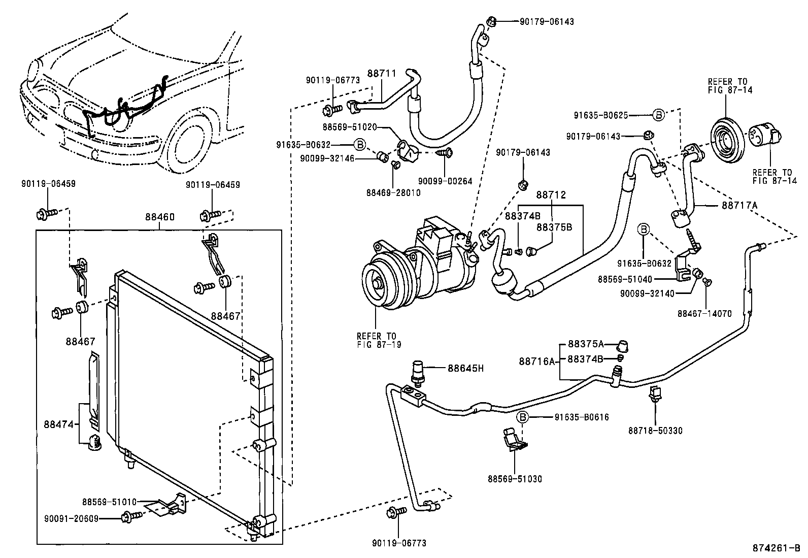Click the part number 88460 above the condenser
pyautogui.click(x=159, y=217)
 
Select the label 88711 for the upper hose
pyautogui.click(x=381, y=74)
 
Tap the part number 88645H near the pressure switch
pyautogui.click(x=465, y=368)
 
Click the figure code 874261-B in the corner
pyautogui.click(x=776, y=548)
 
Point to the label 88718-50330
pyautogui.click(x=655, y=431)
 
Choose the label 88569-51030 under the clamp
pyautogui.click(x=515, y=479)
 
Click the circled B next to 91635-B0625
pyautogui.click(x=658, y=115)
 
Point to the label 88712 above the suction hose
pyautogui.click(x=551, y=195)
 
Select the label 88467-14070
pyautogui.click(x=704, y=314)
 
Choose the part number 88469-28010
pyautogui.click(x=393, y=193)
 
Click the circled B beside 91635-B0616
pyautogui.click(x=523, y=417)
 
